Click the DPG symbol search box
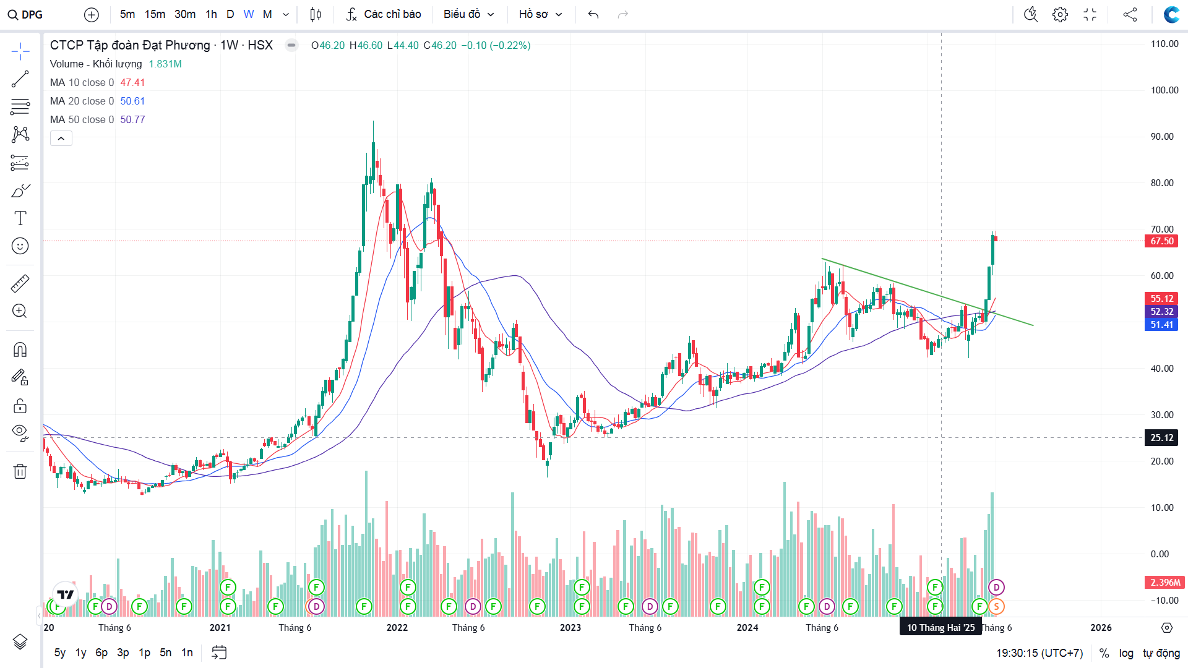[26, 14]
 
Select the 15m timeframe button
[155, 14]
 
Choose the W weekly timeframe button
[249, 14]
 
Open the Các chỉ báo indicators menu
[384, 14]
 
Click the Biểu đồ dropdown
[468, 14]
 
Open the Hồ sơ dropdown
[540, 14]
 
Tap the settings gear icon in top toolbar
[1060, 14]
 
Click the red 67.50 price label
[1161, 241]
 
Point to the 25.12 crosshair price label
[1161, 438]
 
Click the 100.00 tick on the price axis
[1164, 90]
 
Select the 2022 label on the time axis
[397, 627]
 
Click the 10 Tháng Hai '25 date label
[940, 627]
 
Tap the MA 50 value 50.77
[132, 119]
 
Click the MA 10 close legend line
[82, 82]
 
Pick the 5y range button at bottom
[60, 653]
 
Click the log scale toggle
[1126, 653]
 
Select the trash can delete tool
[20, 471]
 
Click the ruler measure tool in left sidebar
[20, 283]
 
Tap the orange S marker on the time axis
[996, 607]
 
